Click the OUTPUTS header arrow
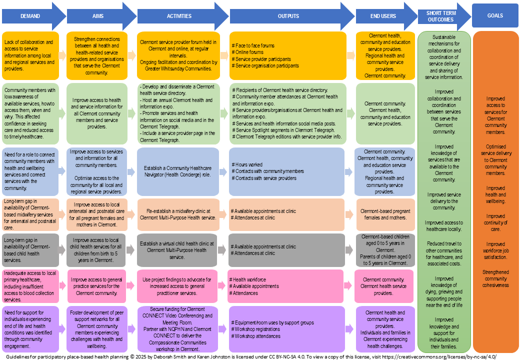pyautogui.click(x=289, y=16)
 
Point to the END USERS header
pyautogui.click(x=383, y=16)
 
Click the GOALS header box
pyautogui.click(x=495, y=16)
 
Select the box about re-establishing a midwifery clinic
pyautogui.click(x=178, y=214)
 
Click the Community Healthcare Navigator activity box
pyautogui.click(x=178, y=171)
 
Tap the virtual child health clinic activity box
pyautogui.click(x=178, y=249)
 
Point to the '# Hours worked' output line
pyautogui.click(x=248, y=164)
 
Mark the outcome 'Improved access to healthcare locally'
pyautogui.click(x=444, y=225)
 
